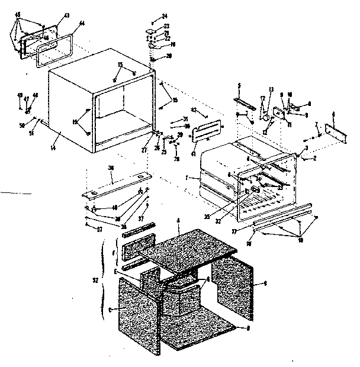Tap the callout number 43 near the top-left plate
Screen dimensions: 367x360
[x=66, y=15]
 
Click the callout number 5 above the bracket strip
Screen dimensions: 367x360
[x=240, y=86]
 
